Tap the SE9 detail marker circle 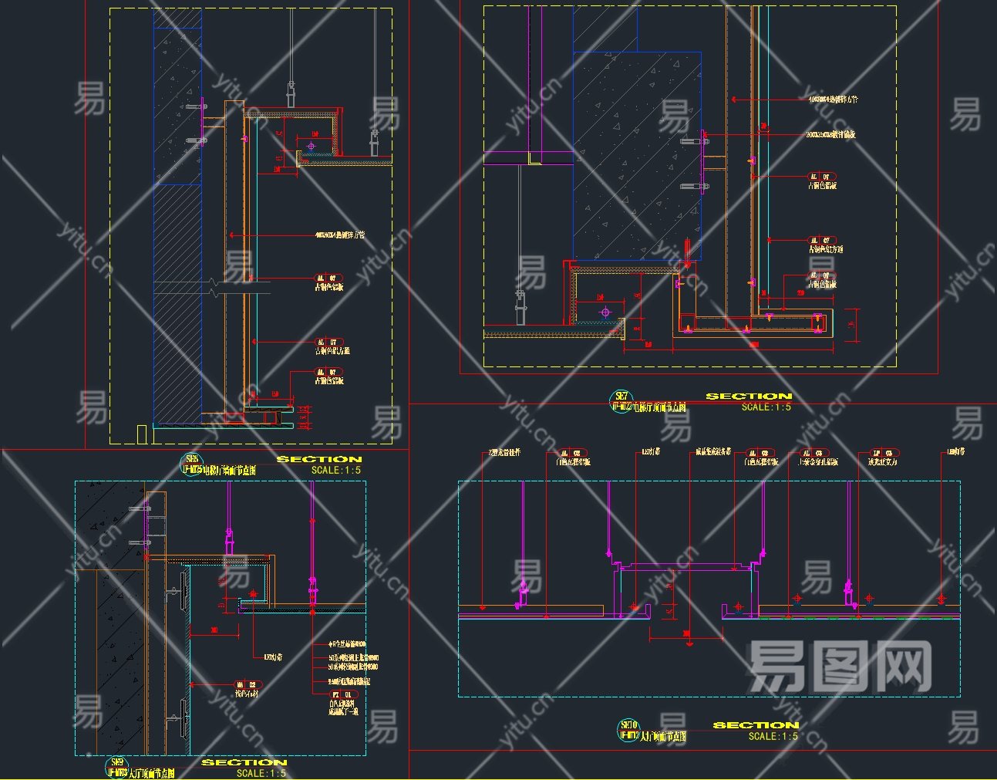pyautogui.click(x=117, y=766)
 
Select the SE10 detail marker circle pyautogui.click(x=629, y=729)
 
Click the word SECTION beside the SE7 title pyautogui.click(x=749, y=396)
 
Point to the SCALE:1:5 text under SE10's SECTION pyautogui.click(x=773, y=736)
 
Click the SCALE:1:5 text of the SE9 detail pyautogui.click(x=261, y=773)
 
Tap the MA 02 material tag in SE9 pyautogui.click(x=249, y=684)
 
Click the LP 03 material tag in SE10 pyautogui.click(x=884, y=454)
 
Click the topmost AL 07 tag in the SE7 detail pyautogui.click(x=822, y=177)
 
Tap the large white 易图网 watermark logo pyautogui.click(x=840, y=667)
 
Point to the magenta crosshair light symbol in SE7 pyautogui.click(x=605, y=312)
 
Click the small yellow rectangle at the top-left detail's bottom pyautogui.click(x=141, y=434)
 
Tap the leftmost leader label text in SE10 pyautogui.click(x=505, y=452)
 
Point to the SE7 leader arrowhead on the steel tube pyautogui.click(x=733, y=100)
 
